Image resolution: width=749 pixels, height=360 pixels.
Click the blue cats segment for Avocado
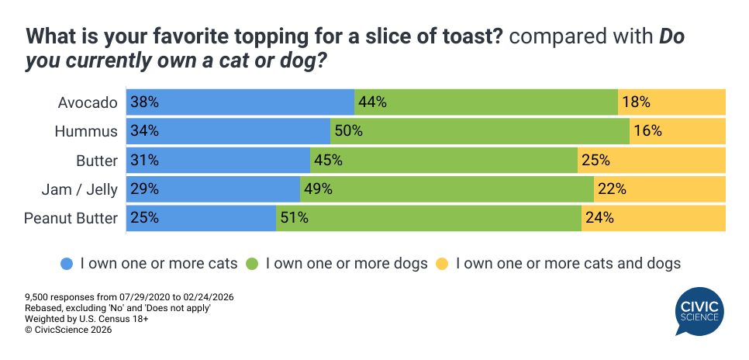tap(240, 102)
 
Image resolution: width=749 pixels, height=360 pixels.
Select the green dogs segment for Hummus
tap(479, 131)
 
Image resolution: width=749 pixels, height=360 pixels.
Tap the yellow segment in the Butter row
tap(651, 161)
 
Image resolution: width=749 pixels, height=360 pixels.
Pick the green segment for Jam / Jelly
tap(447, 189)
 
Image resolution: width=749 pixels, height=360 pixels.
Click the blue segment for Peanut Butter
tap(201, 218)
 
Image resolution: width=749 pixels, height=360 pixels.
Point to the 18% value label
tap(635, 102)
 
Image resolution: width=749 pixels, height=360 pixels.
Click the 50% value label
tap(349, 131)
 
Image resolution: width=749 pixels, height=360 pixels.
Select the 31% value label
tap(144, 161)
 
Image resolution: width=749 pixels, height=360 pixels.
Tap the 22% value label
tap(611, 189)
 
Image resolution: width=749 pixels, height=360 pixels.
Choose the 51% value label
tap(294, 218)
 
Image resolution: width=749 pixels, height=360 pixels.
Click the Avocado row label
tap(88, 102)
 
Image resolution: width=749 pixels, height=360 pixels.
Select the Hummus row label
tap(86, 131)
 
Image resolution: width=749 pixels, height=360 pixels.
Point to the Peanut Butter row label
tap(71, 218)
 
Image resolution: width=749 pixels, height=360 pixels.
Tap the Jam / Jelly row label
tap(81, 189)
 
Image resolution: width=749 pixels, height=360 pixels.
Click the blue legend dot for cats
tap(67, 264)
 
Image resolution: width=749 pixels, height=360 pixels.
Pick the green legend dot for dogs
tap(253, 264)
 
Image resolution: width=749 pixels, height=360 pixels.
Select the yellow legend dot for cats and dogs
tap(443, 264)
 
